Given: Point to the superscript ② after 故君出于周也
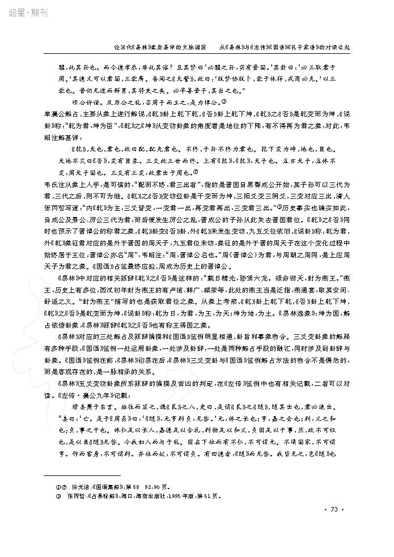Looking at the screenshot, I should coord(196,173).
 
